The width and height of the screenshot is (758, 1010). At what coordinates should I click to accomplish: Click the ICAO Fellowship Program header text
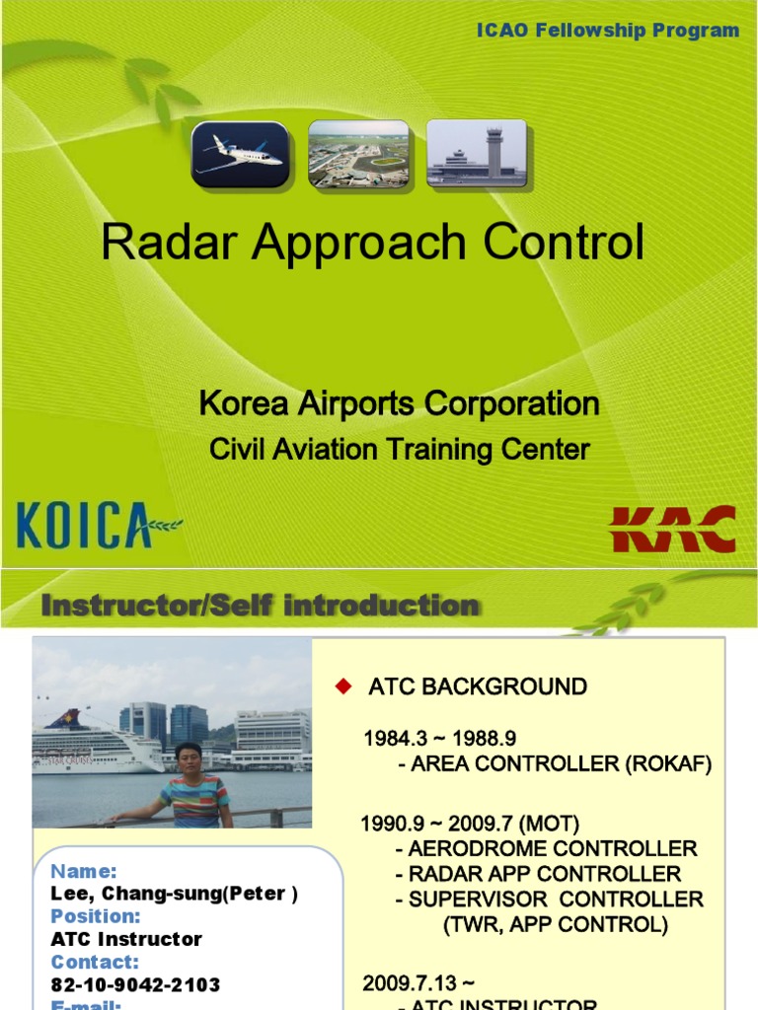coord(608,31)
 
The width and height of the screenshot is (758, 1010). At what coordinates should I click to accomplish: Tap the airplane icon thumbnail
coord(240,154)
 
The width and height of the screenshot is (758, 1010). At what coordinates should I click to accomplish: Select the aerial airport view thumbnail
coord(358,154)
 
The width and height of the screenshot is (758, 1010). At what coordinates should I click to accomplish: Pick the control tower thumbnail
coord(477,154)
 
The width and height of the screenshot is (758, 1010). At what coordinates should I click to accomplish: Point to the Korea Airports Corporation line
coord(399,403)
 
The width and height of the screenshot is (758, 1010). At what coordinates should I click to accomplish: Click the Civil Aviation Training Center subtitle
coord(399,450)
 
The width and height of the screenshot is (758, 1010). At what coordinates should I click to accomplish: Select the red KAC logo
coord(673,529)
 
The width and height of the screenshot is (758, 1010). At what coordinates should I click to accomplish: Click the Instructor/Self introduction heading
coord(261,606)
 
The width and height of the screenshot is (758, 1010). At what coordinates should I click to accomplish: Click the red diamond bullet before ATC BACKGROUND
coord(343,686)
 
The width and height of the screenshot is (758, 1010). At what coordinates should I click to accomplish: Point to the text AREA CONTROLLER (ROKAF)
coord(560,764)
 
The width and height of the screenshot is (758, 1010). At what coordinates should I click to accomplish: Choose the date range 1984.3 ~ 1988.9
coord(439,739)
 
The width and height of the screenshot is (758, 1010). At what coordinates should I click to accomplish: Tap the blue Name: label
coord(84,871)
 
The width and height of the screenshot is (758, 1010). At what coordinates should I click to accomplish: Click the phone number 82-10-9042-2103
coord(135,984)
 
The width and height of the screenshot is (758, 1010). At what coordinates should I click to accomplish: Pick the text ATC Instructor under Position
coord(126,939)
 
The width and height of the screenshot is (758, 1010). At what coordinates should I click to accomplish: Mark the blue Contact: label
coord(95,962)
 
